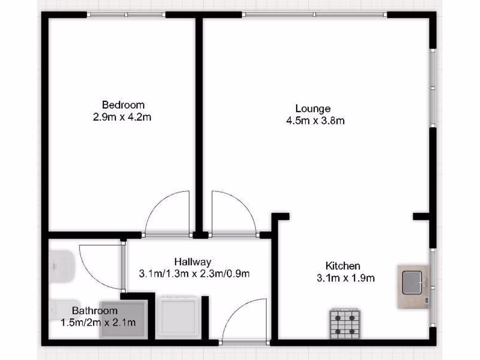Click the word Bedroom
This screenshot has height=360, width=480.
point(123,105)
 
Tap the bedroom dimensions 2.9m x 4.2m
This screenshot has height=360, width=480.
point(122,117)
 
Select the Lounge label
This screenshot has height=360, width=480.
point(313,109)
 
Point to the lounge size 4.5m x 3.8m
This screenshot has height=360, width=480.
point(315,121)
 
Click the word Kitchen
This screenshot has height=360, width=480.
point(343,266)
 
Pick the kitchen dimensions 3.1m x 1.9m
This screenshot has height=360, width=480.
point(345,278)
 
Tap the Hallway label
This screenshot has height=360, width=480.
point(193,262)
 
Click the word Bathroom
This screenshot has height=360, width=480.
point(94,310)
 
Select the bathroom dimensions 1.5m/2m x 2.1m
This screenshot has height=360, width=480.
point(98,322)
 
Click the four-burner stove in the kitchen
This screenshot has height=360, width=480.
point(345,323)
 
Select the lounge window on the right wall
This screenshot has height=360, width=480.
point(433,87)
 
